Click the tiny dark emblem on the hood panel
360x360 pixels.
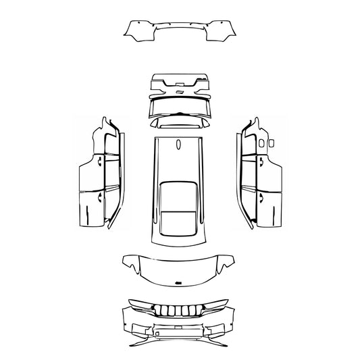coord(179,282)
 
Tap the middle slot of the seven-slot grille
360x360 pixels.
coord(179,312)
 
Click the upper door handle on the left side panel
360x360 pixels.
coord(99,162)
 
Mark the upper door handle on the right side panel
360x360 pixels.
coord(259,162)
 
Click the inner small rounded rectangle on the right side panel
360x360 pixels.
coord(261,143)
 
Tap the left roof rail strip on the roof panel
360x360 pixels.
coord(157,182)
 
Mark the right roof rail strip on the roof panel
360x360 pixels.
coord(201,182)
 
